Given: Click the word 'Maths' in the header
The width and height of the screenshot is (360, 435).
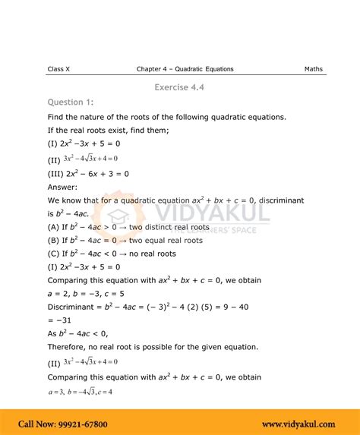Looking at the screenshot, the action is (313, 69).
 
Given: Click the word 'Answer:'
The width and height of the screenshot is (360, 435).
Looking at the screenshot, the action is (62, 186).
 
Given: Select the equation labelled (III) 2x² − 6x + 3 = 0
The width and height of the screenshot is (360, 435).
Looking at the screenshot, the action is (88, 173).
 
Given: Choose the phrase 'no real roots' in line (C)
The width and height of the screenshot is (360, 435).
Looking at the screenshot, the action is (152, 254).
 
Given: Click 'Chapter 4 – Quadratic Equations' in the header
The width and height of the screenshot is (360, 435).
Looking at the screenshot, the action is (185, 69).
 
